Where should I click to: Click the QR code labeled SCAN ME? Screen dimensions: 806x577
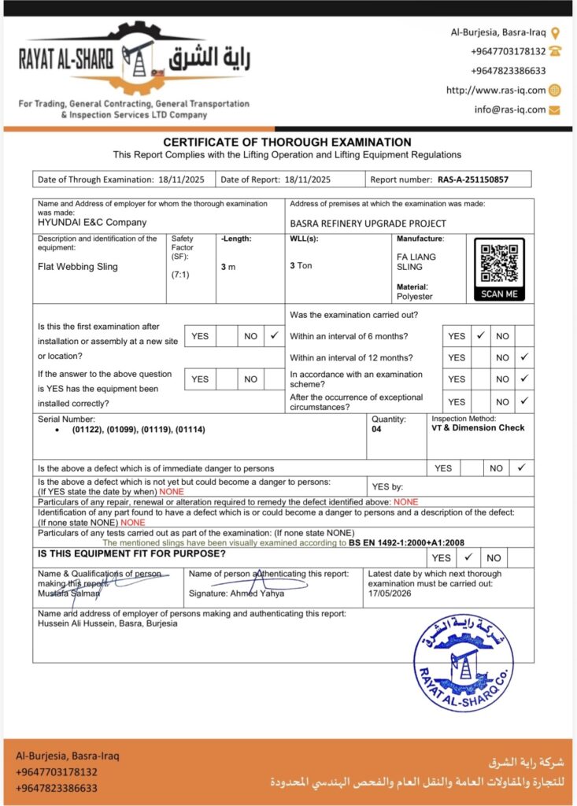(x=499, y=264)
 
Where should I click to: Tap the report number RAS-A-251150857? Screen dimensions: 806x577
(x=472, y=179)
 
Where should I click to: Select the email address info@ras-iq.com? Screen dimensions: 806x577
(x=509, y=109)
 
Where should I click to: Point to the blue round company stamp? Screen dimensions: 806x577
(x=463, y=664)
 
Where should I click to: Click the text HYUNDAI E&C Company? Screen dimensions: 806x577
(x=92, y=223)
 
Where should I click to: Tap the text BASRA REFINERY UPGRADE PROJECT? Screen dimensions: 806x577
(x=368, y=224)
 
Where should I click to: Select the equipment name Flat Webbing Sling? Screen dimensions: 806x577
(x=78, y=267)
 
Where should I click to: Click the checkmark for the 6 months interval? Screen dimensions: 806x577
(x=480, y=335)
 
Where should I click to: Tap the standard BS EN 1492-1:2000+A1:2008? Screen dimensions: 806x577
(x=408, y=543)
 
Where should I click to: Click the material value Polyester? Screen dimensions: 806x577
(x=415, y=297)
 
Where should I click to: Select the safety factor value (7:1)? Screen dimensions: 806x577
(x=181, y=275)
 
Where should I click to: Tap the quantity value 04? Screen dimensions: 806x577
(x=377, y=431)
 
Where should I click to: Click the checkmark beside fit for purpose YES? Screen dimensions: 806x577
(x=468, y=557)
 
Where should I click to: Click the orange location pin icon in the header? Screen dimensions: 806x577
(x=555, y=33)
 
